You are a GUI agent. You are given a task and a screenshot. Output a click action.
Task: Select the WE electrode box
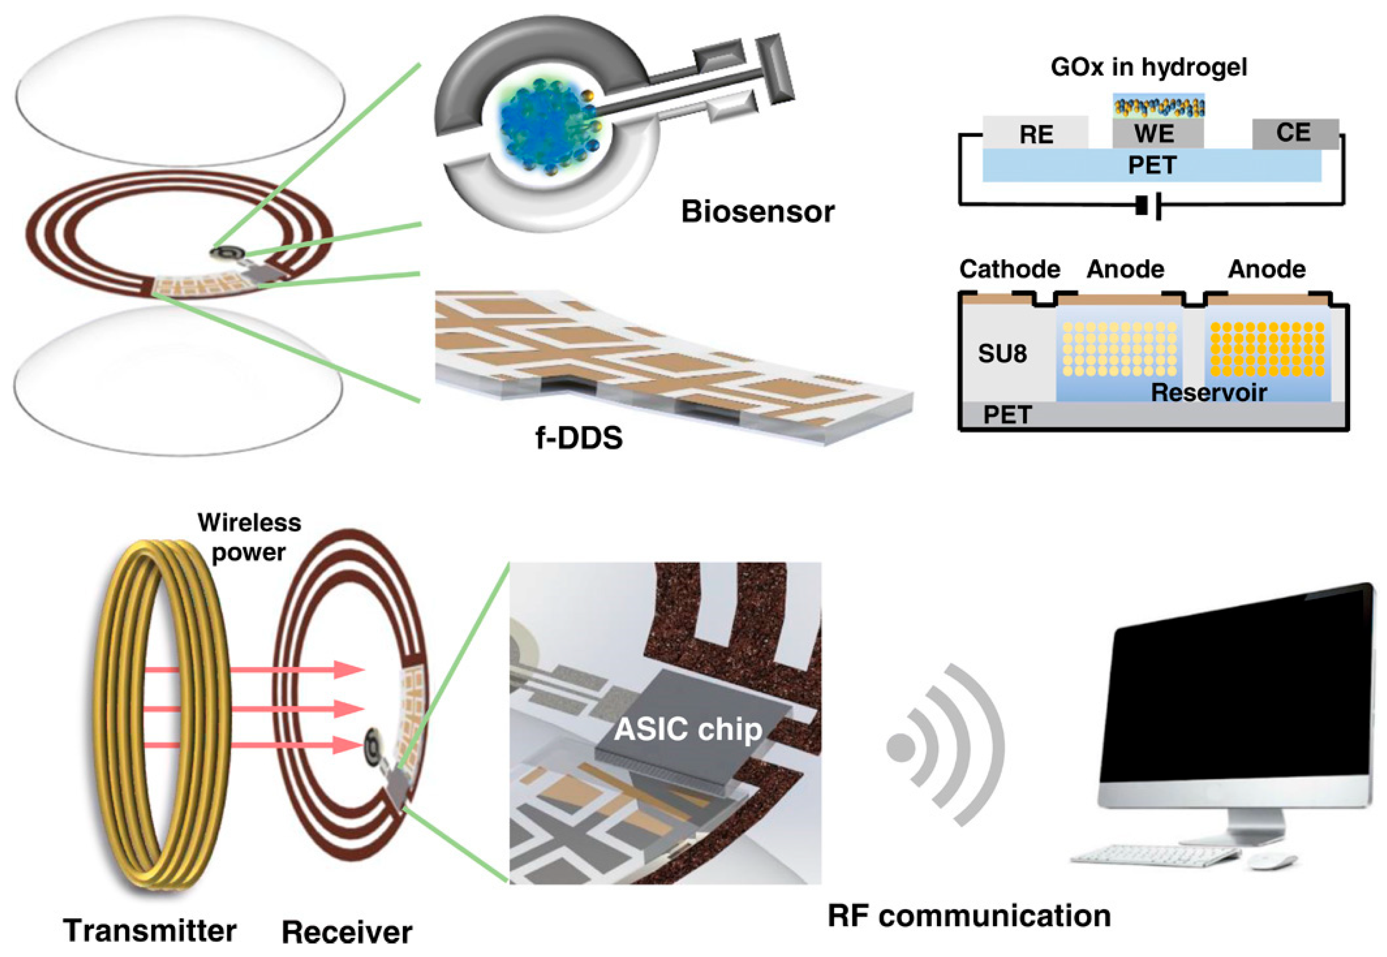click(1157, 133)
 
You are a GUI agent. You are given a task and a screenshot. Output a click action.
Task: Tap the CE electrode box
click(1294, 133)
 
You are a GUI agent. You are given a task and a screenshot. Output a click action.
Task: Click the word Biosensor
click(758, 212)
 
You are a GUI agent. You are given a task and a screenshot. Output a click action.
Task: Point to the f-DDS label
click(579, 438)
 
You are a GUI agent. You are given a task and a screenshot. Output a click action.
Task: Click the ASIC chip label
click(688, 729)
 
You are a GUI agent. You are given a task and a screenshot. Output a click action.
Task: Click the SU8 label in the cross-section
click(1002, 354)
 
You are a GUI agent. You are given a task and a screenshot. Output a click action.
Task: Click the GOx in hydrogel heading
click(1148, 67)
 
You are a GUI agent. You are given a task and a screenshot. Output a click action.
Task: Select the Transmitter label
click(150, 930)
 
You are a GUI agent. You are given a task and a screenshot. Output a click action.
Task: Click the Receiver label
click(347, 932)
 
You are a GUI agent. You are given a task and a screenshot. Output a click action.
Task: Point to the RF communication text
click(969, 915)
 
